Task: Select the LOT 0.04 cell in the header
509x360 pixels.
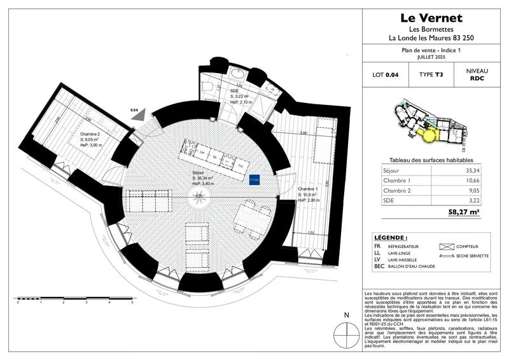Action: pyautogui.click(x=385, y=75)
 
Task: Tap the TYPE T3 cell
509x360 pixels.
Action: pyautogui.click(x=431, y=75)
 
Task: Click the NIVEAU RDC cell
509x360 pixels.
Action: pyautogui.click(x=477, y=75)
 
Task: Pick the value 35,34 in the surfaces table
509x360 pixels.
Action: pyautogui.click(x=471, y=171)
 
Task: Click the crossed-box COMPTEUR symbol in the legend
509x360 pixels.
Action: pyautogui.click(x=446, y=246)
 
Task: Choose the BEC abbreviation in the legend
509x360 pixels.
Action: pyautogui.click(x=380, y=266)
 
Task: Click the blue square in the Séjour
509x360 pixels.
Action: pyautogui.click(x=254, y=179)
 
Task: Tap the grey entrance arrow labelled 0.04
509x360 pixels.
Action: pyautogui.click(x=138, y=116)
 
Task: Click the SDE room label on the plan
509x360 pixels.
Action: pyautogui.click(x=234, y=91)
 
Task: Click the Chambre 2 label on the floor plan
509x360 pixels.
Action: pyautogui.click(x=90, y=134)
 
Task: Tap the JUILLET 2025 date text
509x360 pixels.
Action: pyautogui.click(x=431, y=57)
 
